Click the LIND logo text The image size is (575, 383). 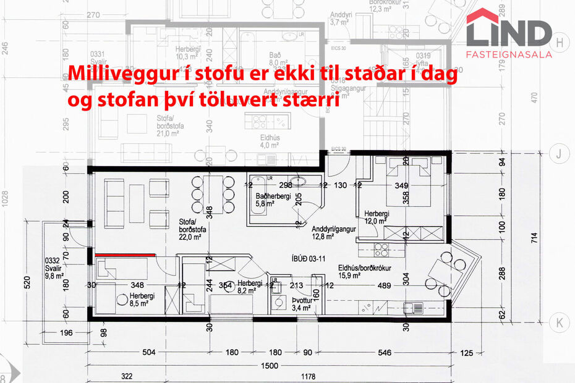click(x=508, y=32)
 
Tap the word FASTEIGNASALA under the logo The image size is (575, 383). click(x=508, y=54)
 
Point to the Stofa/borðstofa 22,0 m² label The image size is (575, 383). click(x=194, y=228)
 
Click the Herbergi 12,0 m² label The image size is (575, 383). click(x=377, y=217)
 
